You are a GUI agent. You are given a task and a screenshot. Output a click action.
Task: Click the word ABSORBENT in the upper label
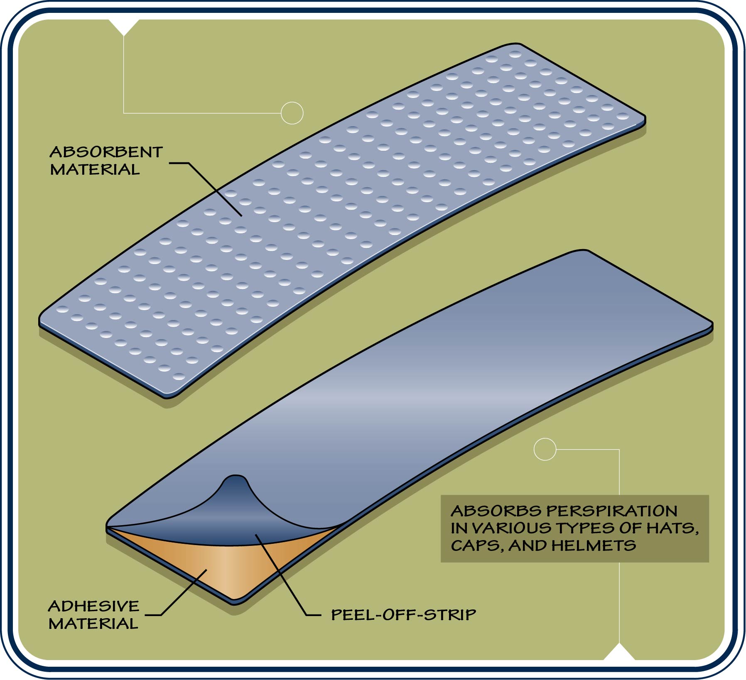(x=106, y=152)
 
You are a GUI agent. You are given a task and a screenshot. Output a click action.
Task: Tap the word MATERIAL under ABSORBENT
(x=95, y=169)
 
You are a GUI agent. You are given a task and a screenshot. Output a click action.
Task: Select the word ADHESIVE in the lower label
(x=93, y=606)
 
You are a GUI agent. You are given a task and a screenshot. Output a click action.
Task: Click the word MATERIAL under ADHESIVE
(x=93, y=624)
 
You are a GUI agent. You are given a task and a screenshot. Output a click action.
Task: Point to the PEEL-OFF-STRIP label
(x=404, y=615)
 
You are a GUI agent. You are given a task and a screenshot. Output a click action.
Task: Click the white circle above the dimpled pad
(x=292, y=113)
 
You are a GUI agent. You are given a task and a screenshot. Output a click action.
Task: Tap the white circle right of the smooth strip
(x=545, y=449)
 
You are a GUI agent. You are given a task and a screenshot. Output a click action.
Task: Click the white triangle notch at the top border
(x=123, y=27)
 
